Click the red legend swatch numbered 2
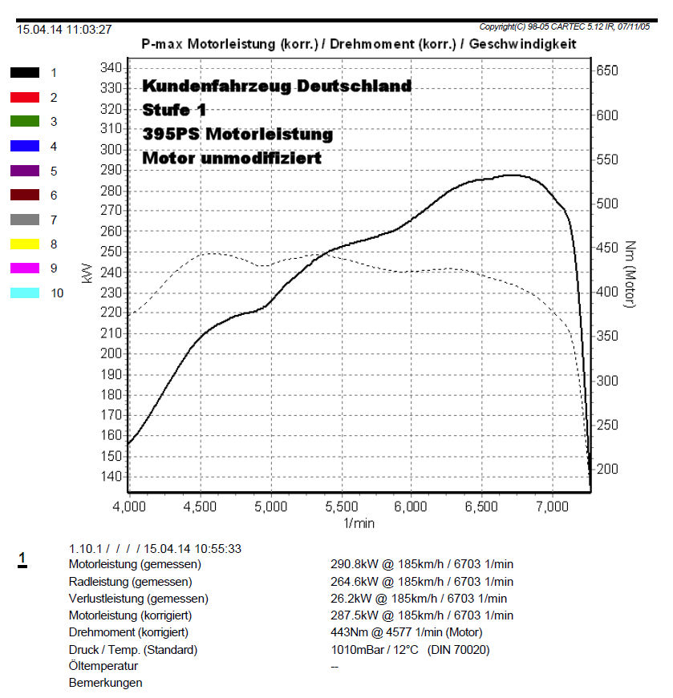[25, 97]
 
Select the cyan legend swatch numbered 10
[25, 293]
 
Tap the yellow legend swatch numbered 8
[25, 244]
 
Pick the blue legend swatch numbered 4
[25, 146]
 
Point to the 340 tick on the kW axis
[111, 67]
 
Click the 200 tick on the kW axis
[111, 353]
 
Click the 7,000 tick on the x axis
[553, 506]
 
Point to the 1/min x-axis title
[359, 522]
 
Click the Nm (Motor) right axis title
[630, 274]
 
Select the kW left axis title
[87, 274]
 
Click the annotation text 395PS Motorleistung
[237, 134]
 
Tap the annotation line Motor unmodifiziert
[232, 158]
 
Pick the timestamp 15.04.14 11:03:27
[64, 30]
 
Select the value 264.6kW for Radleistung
[354, 582]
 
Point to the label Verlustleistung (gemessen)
[139, 599]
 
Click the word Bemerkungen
[106, 683]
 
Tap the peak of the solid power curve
[512, 175]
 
